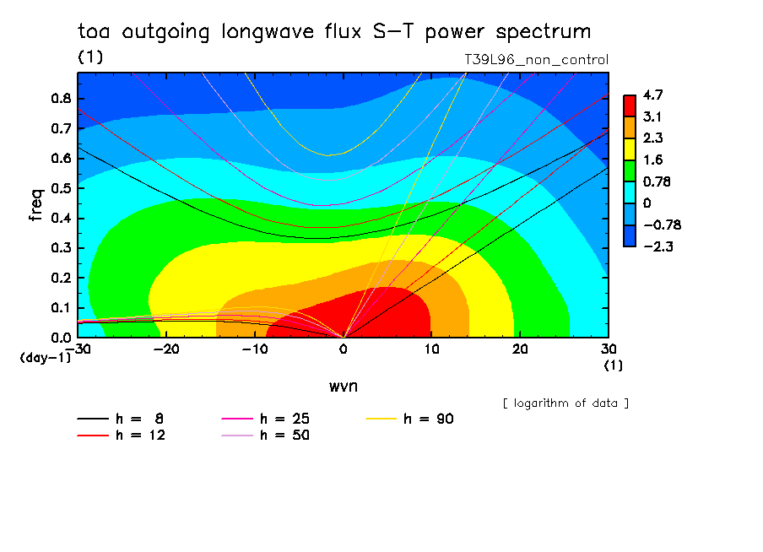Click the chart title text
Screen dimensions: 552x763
334,32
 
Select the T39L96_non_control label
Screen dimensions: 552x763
536,60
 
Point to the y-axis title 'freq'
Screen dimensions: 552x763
35,204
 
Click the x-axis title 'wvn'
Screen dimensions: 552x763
342,386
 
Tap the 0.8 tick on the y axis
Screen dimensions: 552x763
61,98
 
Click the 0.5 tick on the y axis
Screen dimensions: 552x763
61,188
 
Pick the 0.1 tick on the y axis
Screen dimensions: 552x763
61,308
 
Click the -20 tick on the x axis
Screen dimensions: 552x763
166,349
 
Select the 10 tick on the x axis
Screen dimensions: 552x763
431,349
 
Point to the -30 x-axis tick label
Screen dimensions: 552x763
78,349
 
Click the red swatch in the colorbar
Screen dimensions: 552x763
629,105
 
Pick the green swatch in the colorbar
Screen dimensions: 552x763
629,170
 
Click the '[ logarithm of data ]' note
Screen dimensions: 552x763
565,403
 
